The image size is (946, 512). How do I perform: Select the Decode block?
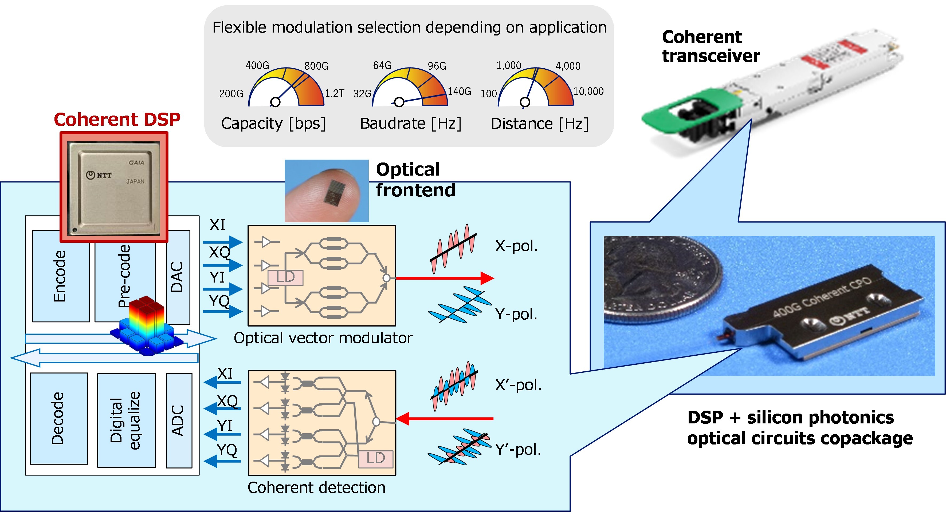coord(58,418)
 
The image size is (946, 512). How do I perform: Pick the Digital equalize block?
coord(126,420)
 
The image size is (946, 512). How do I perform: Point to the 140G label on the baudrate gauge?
coord(459,91)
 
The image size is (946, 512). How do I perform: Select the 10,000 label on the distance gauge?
coord(588,91)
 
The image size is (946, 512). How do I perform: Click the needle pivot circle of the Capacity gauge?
coord(275,102)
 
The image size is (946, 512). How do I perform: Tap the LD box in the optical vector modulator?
coord(285,277)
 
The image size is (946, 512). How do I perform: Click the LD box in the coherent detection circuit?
coord(375,458)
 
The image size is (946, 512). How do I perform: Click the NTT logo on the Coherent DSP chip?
coord(99,175)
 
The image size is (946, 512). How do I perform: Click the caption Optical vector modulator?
coord(323,338)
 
